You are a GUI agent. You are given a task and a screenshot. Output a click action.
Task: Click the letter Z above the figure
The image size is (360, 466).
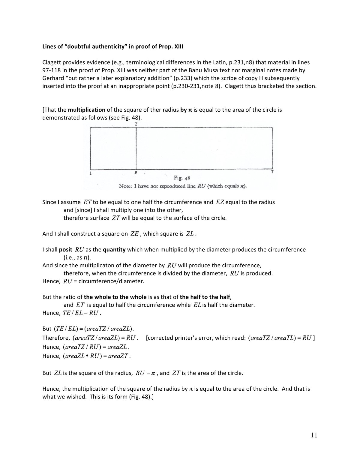click(136, 124)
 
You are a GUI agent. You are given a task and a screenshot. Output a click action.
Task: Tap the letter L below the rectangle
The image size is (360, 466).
click(90, 173)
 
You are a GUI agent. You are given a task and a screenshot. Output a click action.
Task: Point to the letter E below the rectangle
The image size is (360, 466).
click(136, 173)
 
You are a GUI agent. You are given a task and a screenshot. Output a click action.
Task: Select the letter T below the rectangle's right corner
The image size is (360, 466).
click(272, 172)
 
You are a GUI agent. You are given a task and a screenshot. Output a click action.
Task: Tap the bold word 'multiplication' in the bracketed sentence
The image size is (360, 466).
click(87, 110)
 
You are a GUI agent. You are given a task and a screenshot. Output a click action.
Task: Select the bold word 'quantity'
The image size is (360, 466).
click(114, 250)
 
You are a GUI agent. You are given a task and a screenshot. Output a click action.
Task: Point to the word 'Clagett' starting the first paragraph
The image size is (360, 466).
click(52, 62)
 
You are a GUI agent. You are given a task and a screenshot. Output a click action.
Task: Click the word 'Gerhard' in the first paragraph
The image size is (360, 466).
click(52, 78)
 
